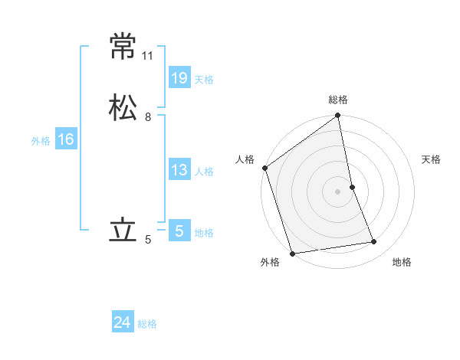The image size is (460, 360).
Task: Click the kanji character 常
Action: pyautogui.click(x=123, y=47)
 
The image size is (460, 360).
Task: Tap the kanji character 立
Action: pyautogui.click(x=123, y=231)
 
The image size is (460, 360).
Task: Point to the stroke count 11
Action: pyautogui.click(x=148, y=56)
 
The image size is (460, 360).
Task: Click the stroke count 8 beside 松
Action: pyautogui.click(x=148, y=117)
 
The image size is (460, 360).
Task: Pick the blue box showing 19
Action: pyautogui.click(x=179, y=77)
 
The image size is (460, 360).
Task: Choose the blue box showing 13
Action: pyautogui.click(x=179, y=170)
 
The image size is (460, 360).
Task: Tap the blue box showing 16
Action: pyautogui.click(x=65, y=139)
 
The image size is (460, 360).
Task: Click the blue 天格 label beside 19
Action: pyautogui.click(x=204, y=80)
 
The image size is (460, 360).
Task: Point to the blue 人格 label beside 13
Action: pyautogui.click(x=204, y=172)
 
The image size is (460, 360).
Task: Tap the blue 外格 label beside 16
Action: pyautogui.click(x=41, y=141)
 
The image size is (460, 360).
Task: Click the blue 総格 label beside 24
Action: pyautogui.click(x=147, y=324)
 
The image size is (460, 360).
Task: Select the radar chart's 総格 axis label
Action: pyautogui.click(x=338, y=100)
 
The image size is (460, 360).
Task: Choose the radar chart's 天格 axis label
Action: pyautogui.click(x=432, y=159)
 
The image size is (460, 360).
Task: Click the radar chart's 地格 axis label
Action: pyautogui.click(x=402, y=262)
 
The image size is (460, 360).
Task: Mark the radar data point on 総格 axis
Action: pyautogui.click(x=338, y=116)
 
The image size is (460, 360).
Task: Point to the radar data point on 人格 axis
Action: pyautogui.click(x=265, y=168)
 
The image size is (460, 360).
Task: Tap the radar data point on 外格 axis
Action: pyautogui.click(x=292, y=253)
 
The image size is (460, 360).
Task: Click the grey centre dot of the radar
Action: pyautogui.click(x=338, y=191)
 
